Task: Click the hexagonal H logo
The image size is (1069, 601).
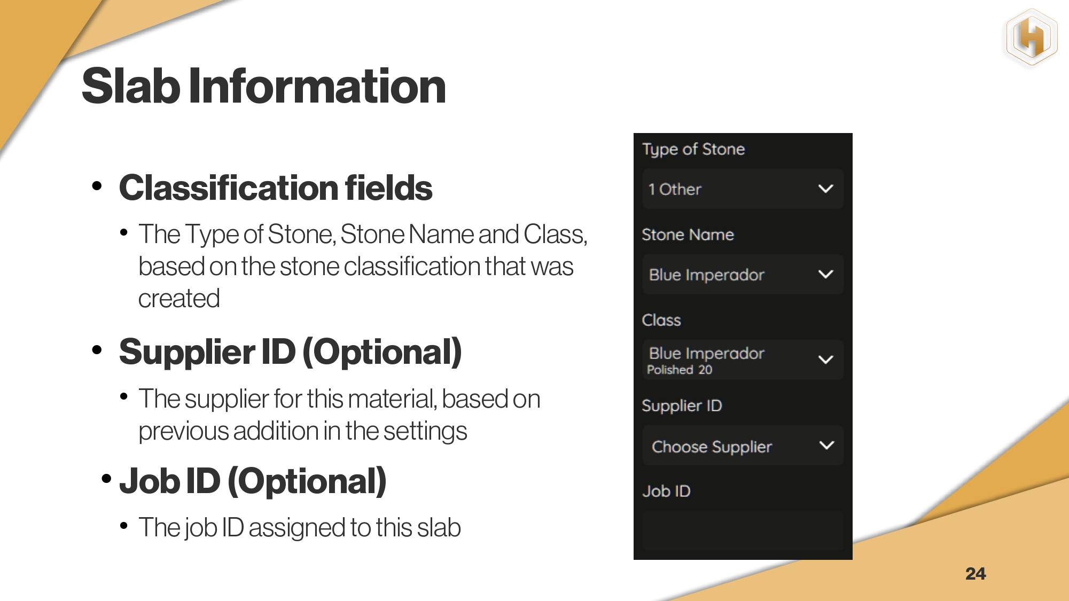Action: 1032,37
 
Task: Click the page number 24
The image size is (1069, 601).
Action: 976,573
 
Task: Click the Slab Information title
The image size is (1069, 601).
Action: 264,86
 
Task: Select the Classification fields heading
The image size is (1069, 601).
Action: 276,188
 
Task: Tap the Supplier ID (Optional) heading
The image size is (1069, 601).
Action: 290,352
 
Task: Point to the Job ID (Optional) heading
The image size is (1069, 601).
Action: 253,481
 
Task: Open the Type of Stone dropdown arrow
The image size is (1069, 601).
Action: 826,189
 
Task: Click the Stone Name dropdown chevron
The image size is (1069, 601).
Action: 826,274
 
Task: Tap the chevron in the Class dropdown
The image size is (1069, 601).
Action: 826,360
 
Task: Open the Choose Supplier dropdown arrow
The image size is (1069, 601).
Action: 826,445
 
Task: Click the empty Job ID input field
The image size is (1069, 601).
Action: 743,530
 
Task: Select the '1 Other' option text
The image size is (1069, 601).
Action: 675,189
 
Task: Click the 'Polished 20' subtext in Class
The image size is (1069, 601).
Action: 680,370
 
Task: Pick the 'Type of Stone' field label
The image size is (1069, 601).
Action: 693,150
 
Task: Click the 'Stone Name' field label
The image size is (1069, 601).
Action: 688,235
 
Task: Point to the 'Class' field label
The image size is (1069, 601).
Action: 661,320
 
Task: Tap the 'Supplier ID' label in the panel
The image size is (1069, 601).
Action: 682,406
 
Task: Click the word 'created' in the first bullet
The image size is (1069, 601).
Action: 179,299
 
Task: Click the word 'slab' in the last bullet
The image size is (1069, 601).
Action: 439,527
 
